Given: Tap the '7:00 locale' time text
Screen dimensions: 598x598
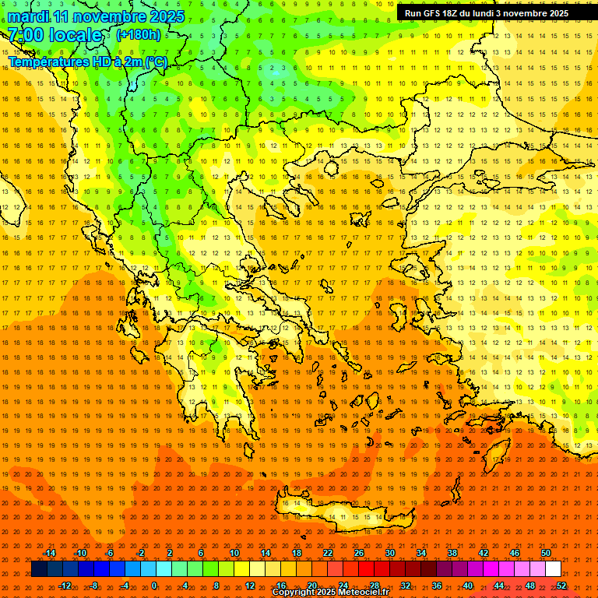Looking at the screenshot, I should [x=55, y=35].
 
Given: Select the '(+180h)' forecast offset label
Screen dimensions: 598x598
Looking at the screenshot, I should [x=139, y=35].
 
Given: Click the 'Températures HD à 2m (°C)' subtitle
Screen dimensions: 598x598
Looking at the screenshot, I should [x=87, y=62].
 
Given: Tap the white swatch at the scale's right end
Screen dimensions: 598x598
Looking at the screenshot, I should [x=553, y=569].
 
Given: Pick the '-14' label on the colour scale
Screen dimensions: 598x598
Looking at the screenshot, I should [x=48, y=553].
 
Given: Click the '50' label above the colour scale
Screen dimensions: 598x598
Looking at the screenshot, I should [x=545, y=553].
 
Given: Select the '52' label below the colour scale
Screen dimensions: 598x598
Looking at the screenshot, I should [x=561, y=586].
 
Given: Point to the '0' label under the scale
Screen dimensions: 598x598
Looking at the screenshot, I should [x=153, y=586].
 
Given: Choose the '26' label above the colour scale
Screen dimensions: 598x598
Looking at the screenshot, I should [x=358, y=553].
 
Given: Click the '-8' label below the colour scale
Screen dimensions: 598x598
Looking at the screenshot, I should [x=93, y=586].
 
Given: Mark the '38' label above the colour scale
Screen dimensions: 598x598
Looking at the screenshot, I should [x=452, y=553].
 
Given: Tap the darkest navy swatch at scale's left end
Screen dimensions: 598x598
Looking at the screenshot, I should [x=39, y=569].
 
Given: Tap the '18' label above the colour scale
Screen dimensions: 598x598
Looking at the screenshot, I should [x=296, y=553].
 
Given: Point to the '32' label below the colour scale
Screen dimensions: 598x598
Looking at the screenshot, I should [x=405, y=586].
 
